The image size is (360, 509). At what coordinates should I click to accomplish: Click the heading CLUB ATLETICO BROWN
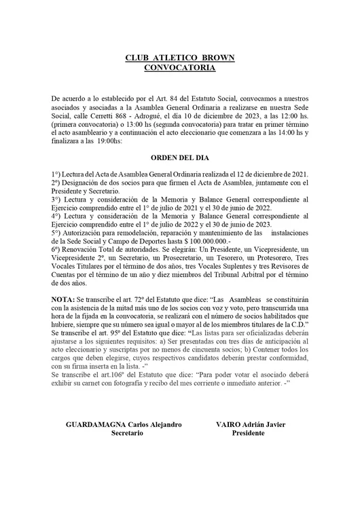(180, 58)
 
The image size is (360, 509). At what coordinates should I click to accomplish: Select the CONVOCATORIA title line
(180, 68)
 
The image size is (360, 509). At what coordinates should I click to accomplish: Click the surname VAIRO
(225, 425)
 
